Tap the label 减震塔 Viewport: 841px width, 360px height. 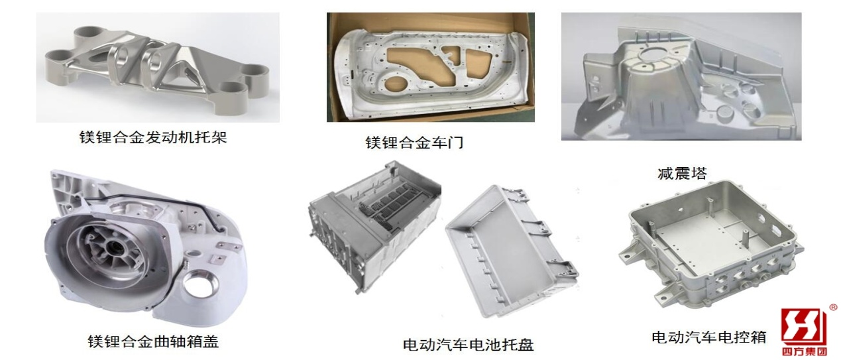[682, 174]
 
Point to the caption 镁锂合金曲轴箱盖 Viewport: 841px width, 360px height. [153, 341]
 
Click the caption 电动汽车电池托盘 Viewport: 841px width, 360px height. [468, 345]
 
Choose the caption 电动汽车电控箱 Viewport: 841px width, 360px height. [708, 337]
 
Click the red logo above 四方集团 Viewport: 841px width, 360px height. [803, 327]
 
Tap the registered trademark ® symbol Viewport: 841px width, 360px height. [833, 308]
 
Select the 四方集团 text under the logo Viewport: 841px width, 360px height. [804, 352]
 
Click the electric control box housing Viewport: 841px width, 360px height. [709, 245]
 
